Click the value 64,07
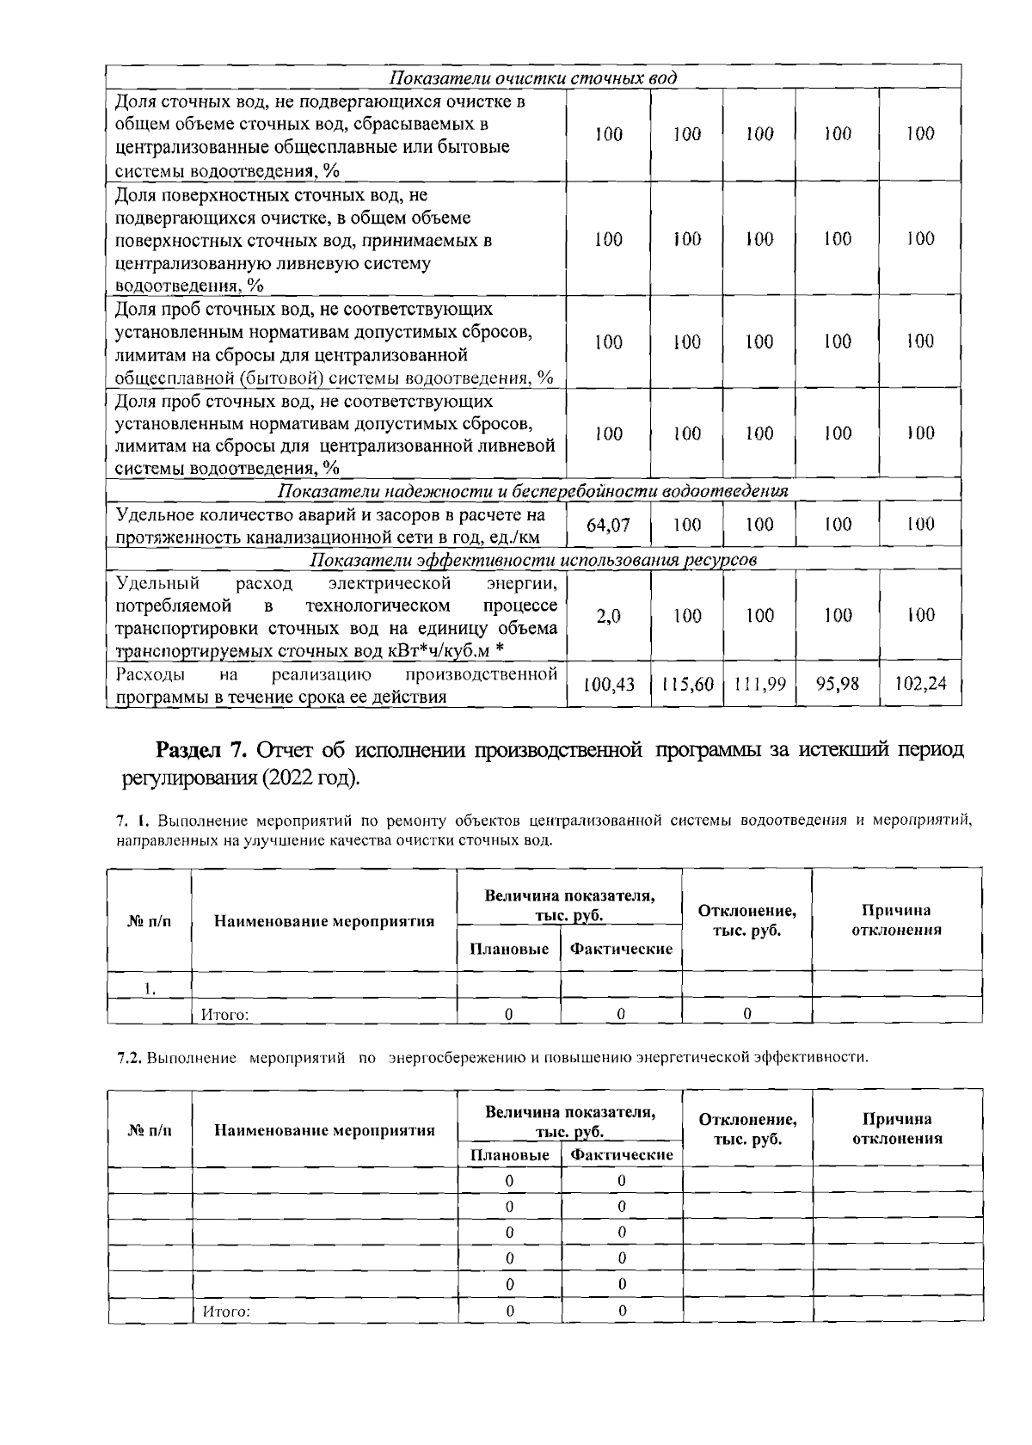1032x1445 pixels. (608, 525)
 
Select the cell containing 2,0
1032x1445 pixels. (608, 616)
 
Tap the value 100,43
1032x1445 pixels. (609, 685)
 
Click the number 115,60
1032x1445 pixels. (687, 685)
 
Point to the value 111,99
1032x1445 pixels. (759, 685)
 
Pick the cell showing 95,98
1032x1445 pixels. (838, 684)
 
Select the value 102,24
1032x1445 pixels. (920, 684)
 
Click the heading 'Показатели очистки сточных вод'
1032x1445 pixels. (533, 78)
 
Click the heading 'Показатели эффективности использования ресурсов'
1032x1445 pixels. (533, 561)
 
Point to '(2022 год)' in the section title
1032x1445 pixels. (312, 778)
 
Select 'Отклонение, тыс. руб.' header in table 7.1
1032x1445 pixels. (746, 920)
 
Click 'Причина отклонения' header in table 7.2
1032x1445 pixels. (897, 1128)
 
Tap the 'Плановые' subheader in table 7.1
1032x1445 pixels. (509, 949)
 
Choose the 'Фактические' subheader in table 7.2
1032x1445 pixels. (621, 1155)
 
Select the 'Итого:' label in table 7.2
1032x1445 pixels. (226, 1312)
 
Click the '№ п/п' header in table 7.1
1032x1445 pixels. (150, 922)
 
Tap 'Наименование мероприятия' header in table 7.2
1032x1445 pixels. (324, 1130)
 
